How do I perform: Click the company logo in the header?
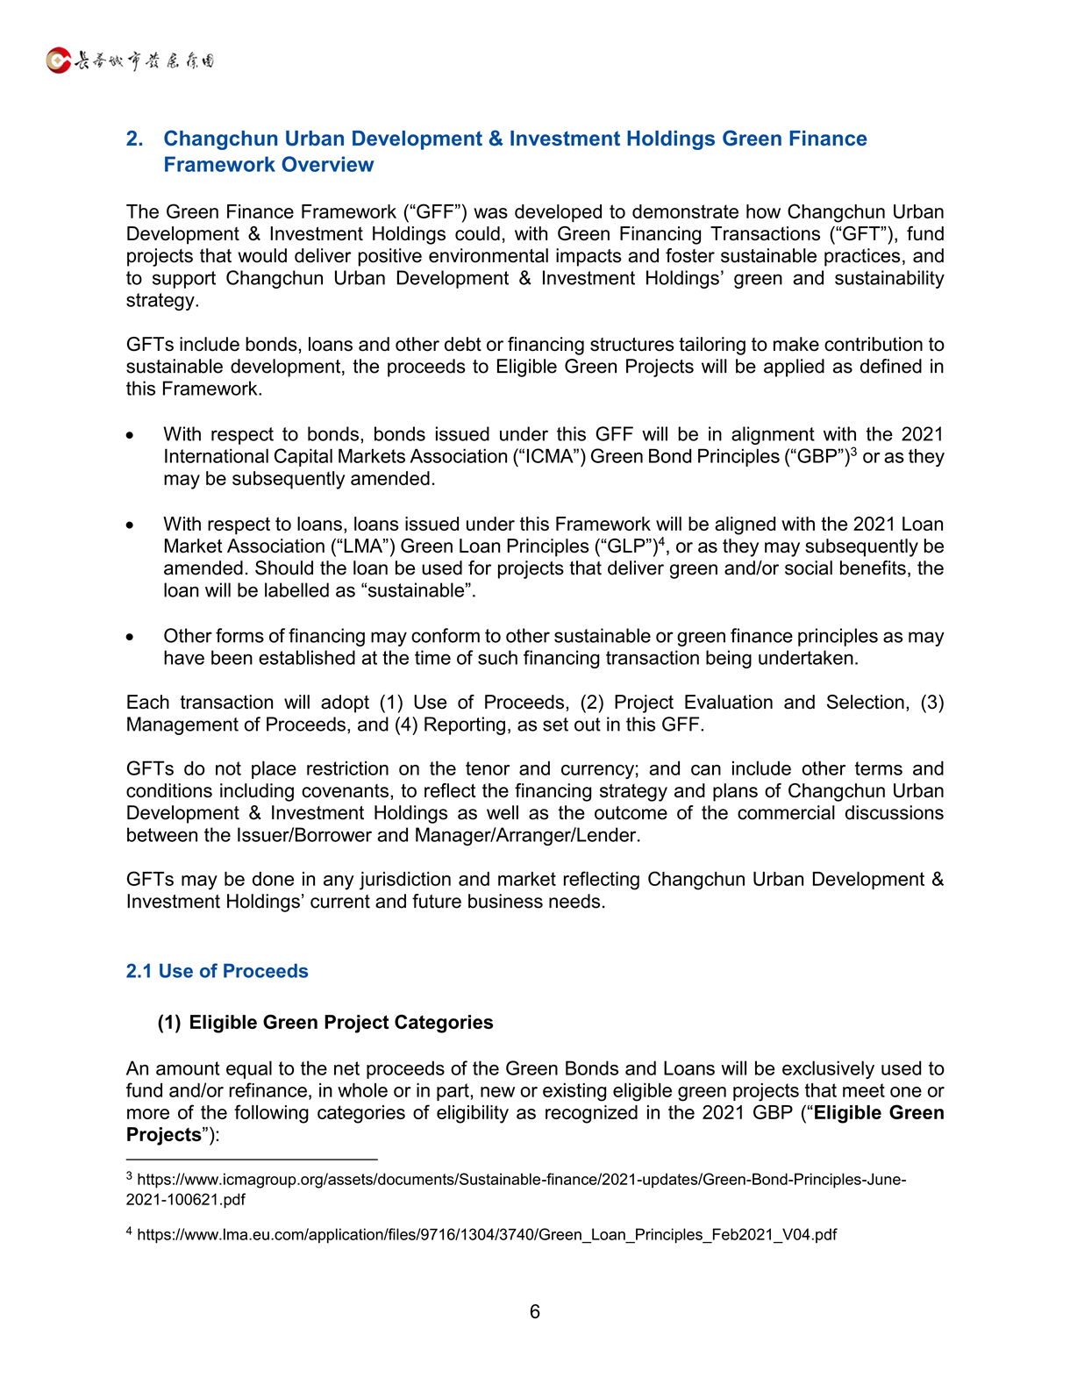130,61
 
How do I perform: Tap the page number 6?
535,1311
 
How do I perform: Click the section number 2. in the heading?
134,139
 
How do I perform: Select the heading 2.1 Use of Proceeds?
217,971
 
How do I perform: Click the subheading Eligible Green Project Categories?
340,1022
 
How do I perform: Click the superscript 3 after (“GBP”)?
853,452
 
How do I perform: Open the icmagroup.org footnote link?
521,1180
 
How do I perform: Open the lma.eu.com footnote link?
487,1235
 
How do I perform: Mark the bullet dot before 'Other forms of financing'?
130,637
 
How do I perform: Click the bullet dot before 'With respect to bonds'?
130,435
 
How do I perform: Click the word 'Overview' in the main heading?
327,165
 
